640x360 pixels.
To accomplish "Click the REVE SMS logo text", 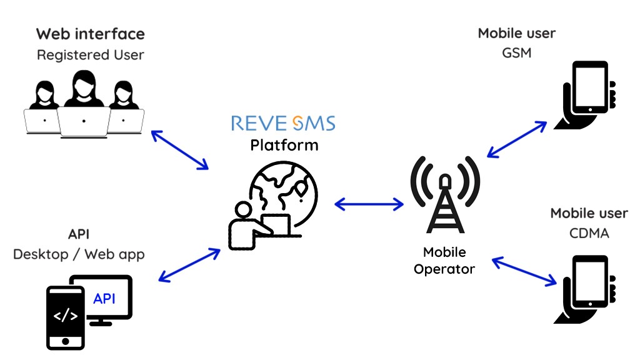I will (283, 122).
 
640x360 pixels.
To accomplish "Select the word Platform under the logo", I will (284, 146).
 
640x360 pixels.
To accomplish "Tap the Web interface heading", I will (90, 34).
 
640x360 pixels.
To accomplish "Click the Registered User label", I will (91, 55).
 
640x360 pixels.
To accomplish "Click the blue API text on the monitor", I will (104, 299).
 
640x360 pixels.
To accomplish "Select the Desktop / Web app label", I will (79, 254).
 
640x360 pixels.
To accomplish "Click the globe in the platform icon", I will (284, 187).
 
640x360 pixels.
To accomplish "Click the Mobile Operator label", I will (444, 261).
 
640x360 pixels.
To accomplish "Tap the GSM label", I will (516, 53).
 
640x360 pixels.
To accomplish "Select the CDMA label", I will (589, 233).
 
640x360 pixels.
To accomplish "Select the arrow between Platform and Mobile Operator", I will (369, 204).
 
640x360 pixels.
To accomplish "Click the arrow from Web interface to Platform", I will (179, 149).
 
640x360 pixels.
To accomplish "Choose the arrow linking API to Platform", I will (190, 265).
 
